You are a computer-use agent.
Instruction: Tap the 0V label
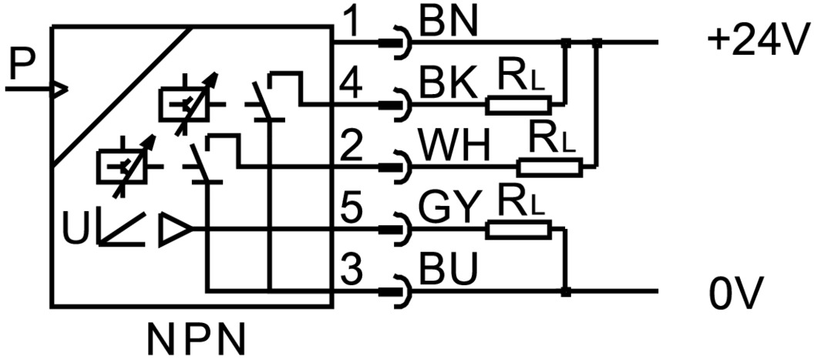click(x=736, y=294)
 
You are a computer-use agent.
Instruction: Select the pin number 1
click(x=352, y=24)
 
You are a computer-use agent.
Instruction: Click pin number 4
click(x=351, y=84)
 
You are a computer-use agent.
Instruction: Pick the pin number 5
click(x=352, y=209)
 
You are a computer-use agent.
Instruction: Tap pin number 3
click(x=352, y=271)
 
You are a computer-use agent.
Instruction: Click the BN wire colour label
click(x=449, y=23)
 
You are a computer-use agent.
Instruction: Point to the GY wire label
click(x=448, y=209)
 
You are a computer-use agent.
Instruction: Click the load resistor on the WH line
click(x=550, y=166)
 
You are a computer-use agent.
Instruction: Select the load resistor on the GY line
click(x=519, y=228)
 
